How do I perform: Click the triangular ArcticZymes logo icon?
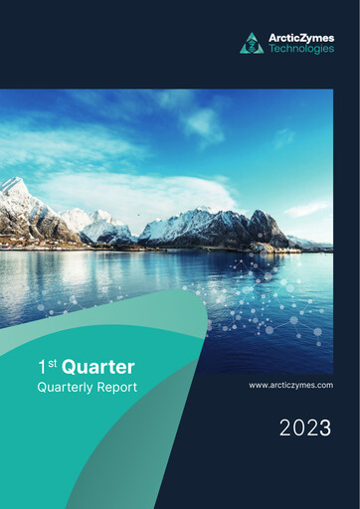252,44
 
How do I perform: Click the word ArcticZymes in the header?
301,38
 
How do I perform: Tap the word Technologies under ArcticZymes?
301,50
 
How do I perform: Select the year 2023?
304,428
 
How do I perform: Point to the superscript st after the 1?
51,364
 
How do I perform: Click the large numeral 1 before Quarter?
41,369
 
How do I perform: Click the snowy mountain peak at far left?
15,186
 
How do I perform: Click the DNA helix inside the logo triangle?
252,45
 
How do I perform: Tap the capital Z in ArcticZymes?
303,38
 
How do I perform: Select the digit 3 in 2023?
324,428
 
